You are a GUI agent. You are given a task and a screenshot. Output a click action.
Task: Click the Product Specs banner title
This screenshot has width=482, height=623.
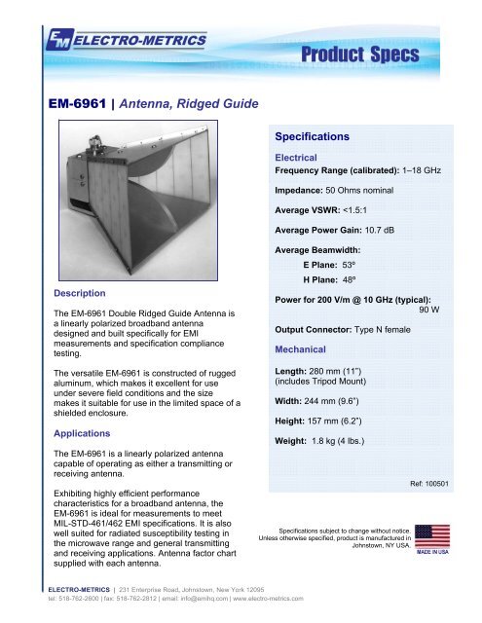[x=401, y=53]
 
